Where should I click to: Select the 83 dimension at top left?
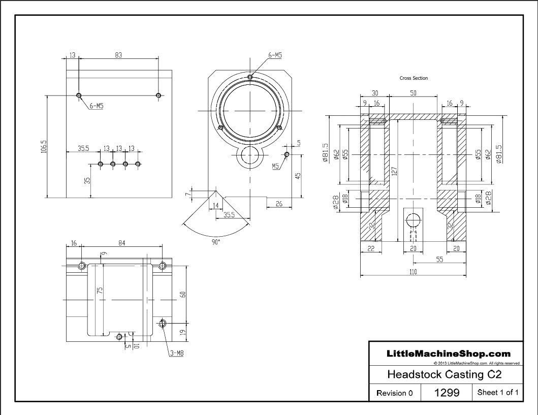pos(118,55)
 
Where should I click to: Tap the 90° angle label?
pos(216,242)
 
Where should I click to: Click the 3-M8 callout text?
pos(177,353)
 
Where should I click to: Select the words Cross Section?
pos(414,78)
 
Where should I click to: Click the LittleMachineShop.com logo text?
pos(449,354)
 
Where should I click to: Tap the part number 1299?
pos(447,392)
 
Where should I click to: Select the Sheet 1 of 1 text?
pos(497,392)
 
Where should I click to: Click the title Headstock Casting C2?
pos(444,375)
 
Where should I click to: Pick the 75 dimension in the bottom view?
pos(100,291)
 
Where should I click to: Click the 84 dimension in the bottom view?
pos(122,243)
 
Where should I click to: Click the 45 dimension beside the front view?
pos(298,175)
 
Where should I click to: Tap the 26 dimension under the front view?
pos(279,204)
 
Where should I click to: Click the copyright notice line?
pos(477,364)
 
